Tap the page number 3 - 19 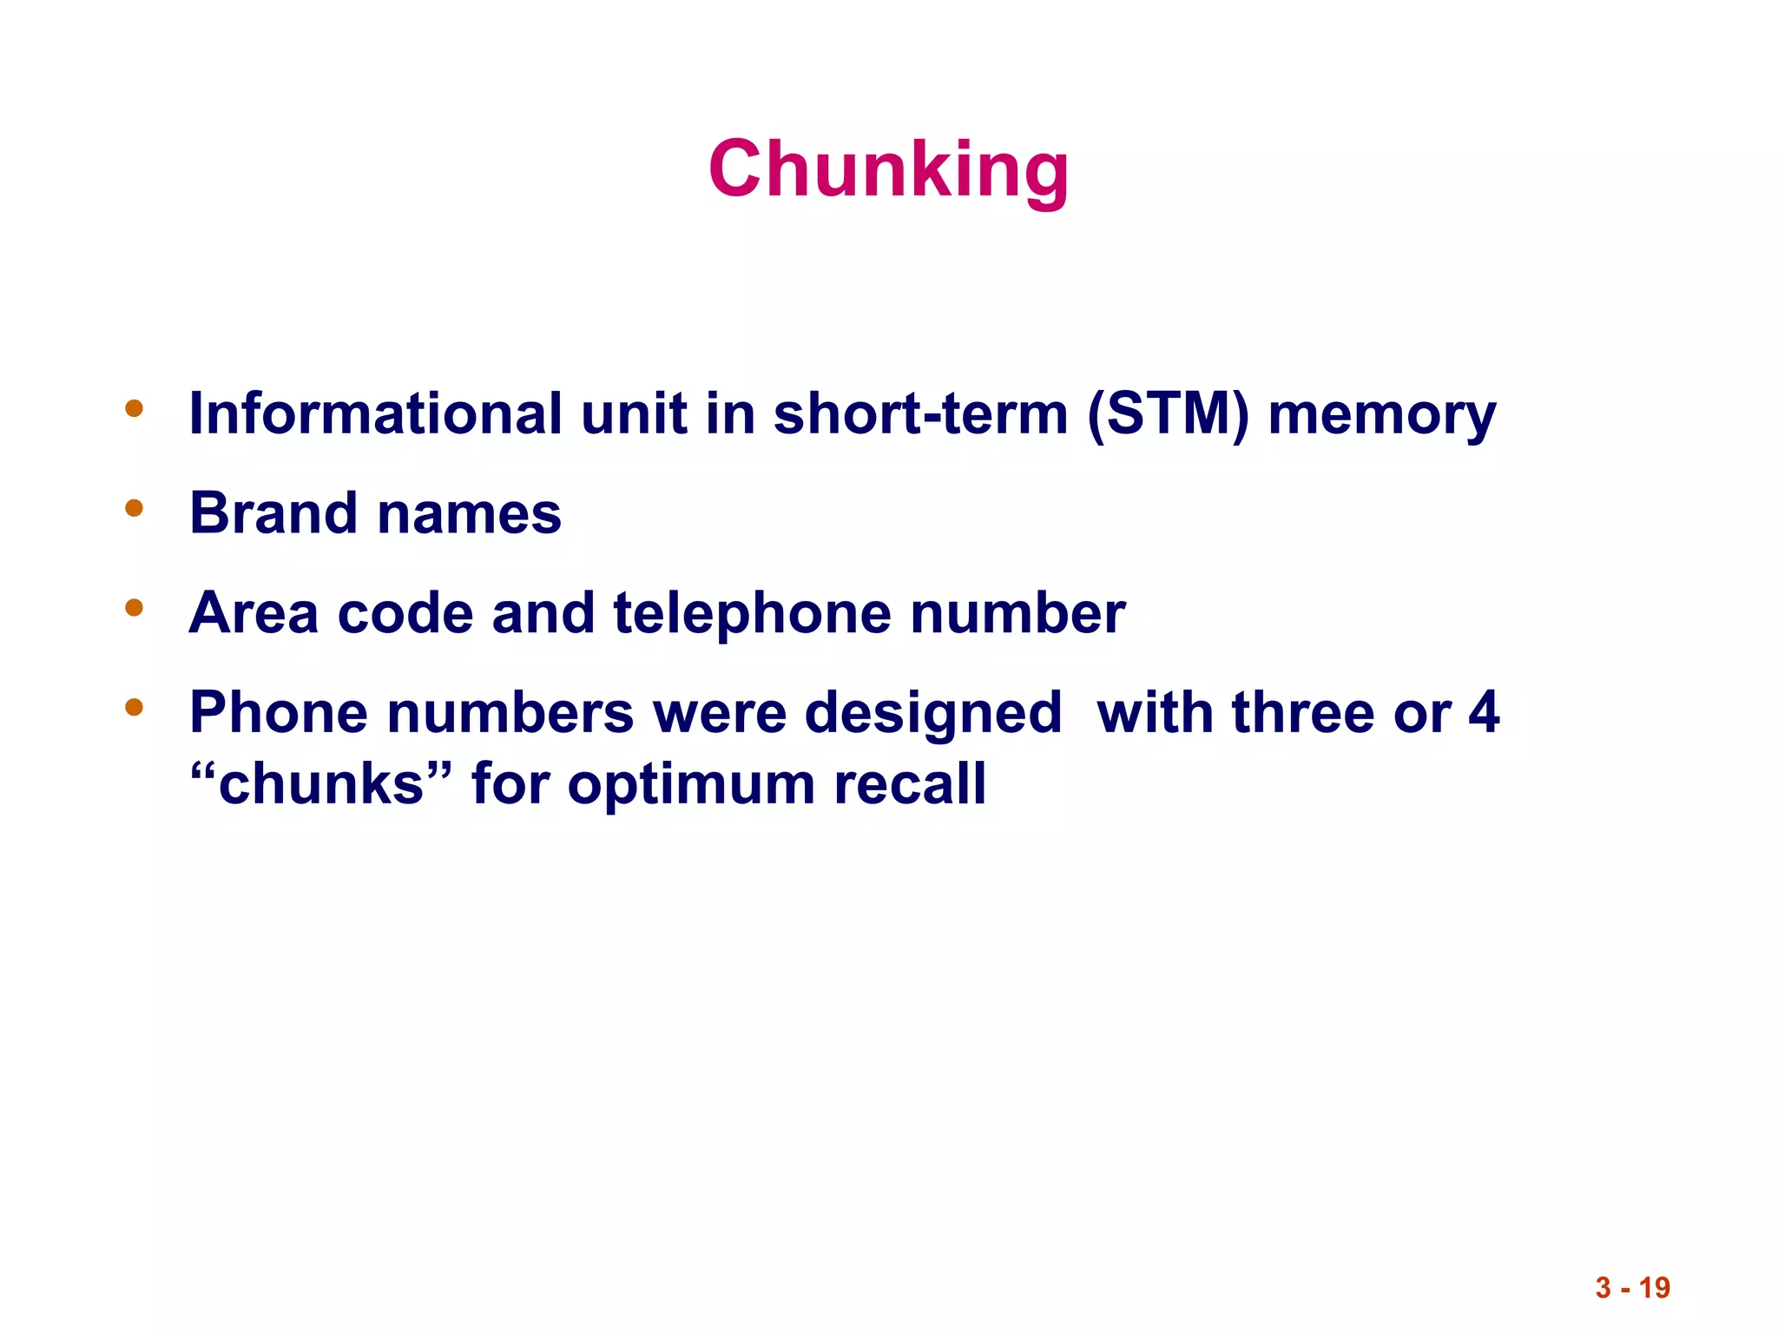pyautogui.click(x=1632, y=1287)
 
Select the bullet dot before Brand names pyautogui.click(x=134, y=507)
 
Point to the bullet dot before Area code pyautogui.click(x=134, y=607)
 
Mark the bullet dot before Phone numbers pyautogui.click(x=134, y=707)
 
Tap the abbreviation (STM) pyautogui.click(x=1167, y=414)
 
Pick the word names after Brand pyautogui.click(x=470, y=514)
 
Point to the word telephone pyautogui.click(x=752, y=613)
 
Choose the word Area pyautogui.click(x=254, y=613)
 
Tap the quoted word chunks pyautogui.click(x=321, y=783)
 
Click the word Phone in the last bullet pyautogui.click(x=278, y=712)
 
